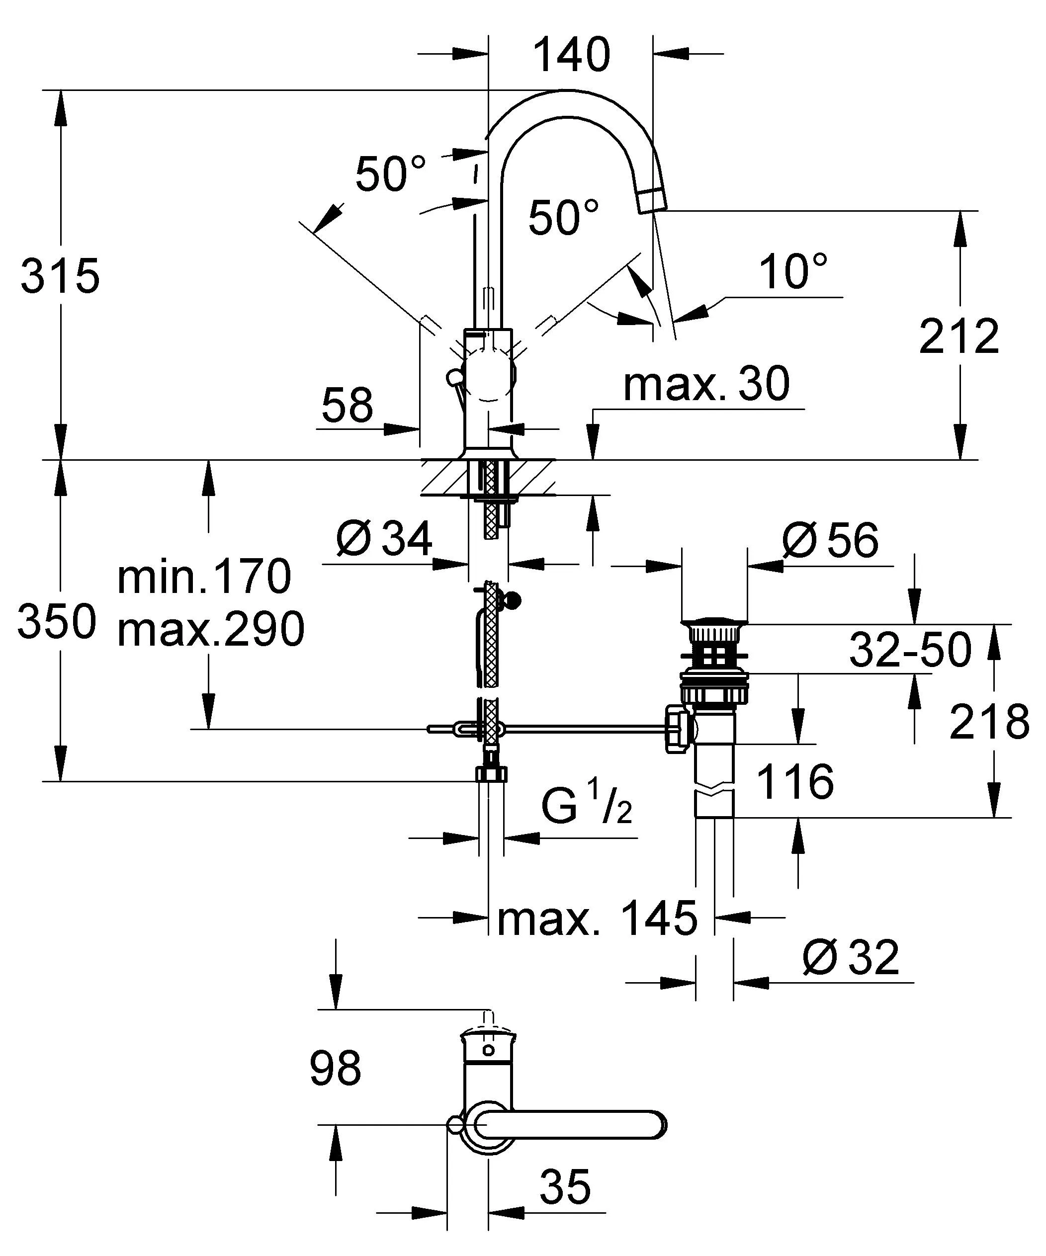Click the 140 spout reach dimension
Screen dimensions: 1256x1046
point(571,55)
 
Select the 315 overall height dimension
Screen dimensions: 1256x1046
point(60,276)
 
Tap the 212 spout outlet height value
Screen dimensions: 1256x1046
point(959,336)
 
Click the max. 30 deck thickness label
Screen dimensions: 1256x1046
point(706,384)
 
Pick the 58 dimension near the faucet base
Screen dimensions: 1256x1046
point(347,405)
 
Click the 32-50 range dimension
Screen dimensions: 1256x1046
point(910,650)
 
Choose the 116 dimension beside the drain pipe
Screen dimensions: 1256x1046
point(794,781)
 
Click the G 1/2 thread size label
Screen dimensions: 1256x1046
point(587,807)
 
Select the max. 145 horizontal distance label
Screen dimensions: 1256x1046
point(597,918)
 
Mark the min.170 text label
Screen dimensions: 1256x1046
point(204,577)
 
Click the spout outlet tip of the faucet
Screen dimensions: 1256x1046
point(652,200)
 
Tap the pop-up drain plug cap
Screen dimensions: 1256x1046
point(714,623)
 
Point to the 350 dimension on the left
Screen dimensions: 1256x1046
point(57,622)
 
